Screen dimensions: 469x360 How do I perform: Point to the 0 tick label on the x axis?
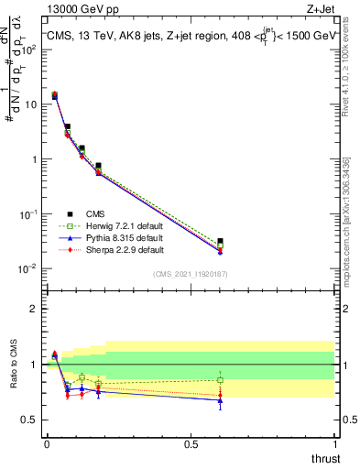point(47,444)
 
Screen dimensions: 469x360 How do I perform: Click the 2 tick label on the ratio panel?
point(34,309)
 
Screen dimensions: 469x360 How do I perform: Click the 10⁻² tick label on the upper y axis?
point(27,268)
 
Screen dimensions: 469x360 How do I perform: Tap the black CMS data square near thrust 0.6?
point(220,242)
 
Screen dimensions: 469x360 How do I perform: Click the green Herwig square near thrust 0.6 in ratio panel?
point(220,379)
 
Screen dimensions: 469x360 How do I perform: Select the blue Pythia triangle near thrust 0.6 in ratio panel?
point(220,400)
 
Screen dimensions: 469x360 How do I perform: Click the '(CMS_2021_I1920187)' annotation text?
point(190,273)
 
